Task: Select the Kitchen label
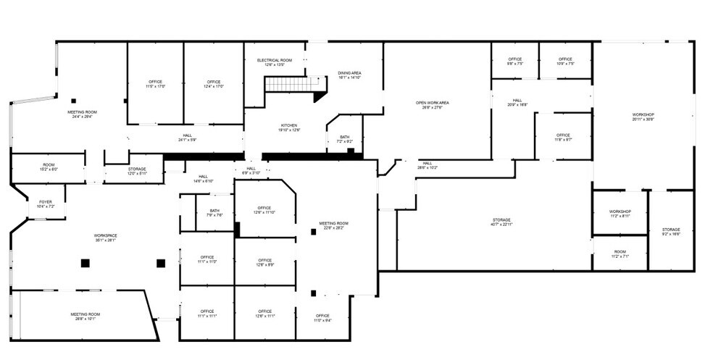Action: click(289, 127)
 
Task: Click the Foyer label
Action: click(46, 204)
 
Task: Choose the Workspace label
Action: click(105, 238)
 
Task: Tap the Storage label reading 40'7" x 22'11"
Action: click(501, 222)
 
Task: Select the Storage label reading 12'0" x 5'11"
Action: click(137, 171)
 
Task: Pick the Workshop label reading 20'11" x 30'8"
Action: click(643, 117)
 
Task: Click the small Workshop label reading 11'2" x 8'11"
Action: click(620, 214)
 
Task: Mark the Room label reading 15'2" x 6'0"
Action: click(49, 167)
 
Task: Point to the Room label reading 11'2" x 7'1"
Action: click(620, 254)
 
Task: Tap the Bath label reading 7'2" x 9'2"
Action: click(344, 139)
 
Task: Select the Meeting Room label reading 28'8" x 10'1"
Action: click(84, 317)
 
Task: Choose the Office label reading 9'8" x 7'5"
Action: click(515, 61)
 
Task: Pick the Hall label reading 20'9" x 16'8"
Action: click(517, 102)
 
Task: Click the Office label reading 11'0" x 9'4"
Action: click(322, 317)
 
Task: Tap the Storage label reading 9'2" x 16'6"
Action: click(671, 232)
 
